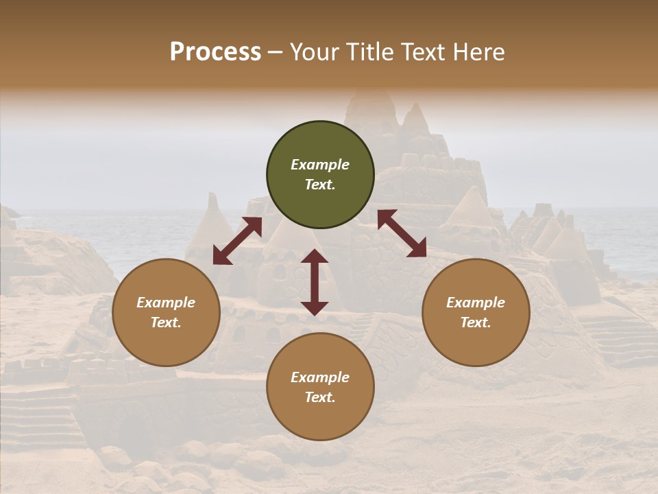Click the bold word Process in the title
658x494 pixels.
[215, 52]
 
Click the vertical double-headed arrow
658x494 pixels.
[315, 282]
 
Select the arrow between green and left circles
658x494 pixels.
[237, 241]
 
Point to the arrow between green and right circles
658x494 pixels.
[402, 233]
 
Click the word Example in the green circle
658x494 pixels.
[320, 165]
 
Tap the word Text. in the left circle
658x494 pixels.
[166, 322]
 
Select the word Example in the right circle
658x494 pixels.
[476, 303]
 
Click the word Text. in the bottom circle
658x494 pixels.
[320, 397]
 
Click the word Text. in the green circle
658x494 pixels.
[320, 185]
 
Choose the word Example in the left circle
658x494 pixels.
[166, 303]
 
